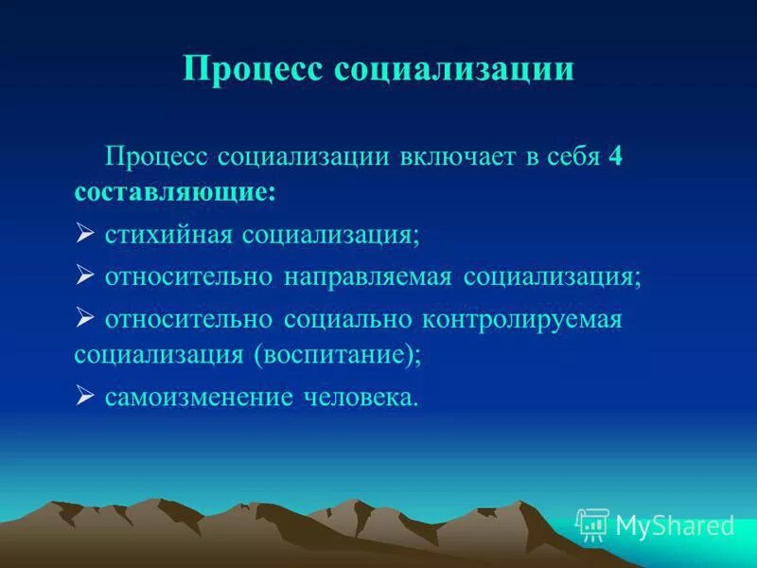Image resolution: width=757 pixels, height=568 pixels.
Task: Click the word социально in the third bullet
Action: pyautogui.click(x=345, y=318)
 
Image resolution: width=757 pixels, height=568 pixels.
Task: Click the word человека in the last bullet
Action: pyautogui.click(x=361, y=397)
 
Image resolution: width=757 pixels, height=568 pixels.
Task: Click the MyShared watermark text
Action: pyautogui.click(x=675, y=525)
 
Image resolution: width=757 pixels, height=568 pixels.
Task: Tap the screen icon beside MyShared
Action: pyautogui.click(x=592, y=524)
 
